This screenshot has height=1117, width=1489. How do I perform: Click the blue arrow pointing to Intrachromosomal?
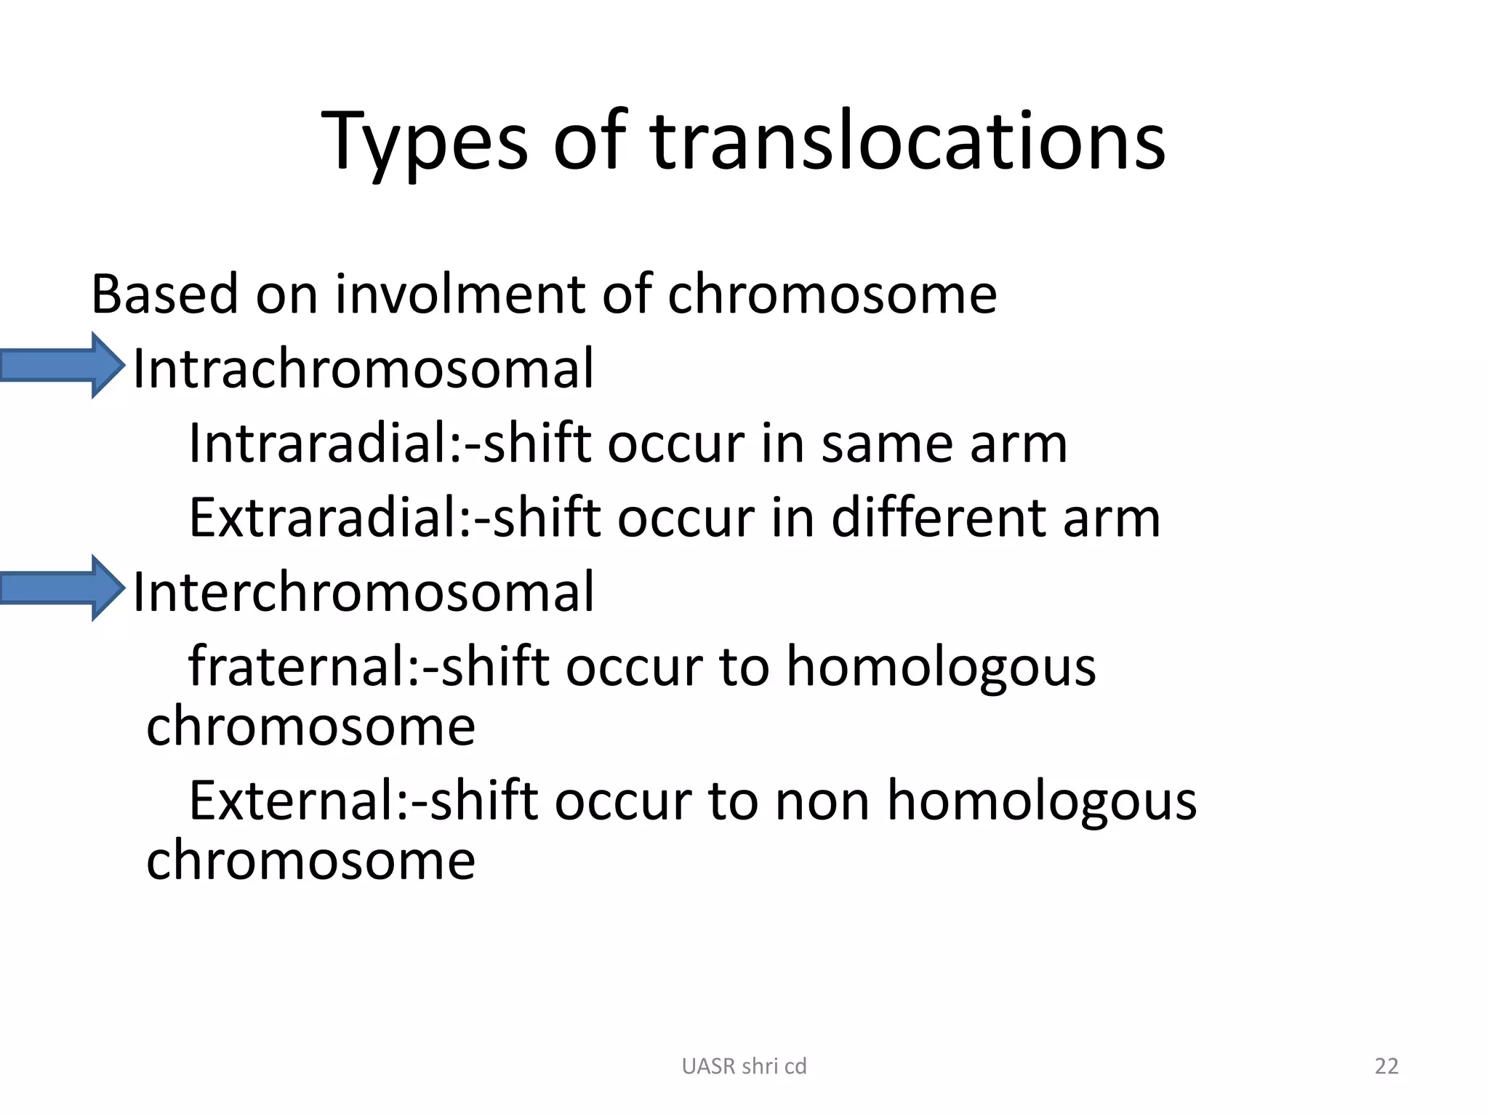[63, 365]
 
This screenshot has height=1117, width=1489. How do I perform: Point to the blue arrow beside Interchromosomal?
[63, 588]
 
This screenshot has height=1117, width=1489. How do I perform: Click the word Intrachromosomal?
[364, 369]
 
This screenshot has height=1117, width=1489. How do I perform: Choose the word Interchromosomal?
[364, 592]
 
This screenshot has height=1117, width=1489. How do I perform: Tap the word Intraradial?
[320, 443]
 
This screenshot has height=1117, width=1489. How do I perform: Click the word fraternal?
[298, 666]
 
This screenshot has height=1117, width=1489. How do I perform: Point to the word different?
[937, 518]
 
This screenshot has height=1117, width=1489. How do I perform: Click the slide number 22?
[1386, 1066]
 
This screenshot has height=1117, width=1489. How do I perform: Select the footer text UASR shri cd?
[744, 1066]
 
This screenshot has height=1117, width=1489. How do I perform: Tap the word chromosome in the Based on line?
[832, 295]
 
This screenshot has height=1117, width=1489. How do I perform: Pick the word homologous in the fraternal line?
[941, 668]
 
